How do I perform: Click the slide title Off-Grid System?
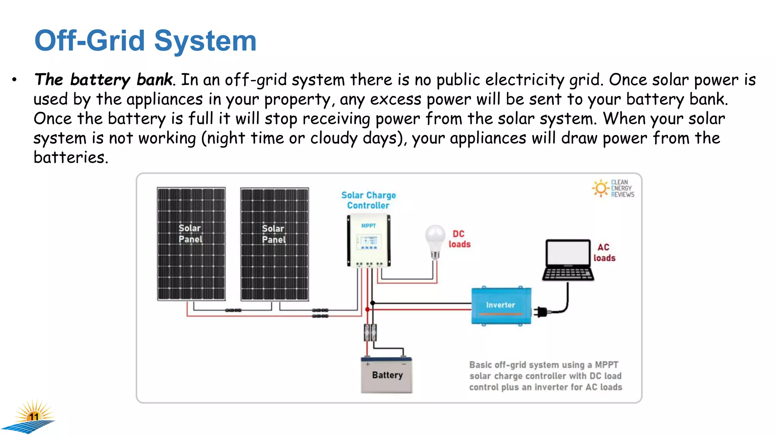tap(145, 41)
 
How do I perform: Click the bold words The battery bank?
tap(103, 80)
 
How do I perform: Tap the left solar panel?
tap(191, 244)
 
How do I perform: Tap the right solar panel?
tap(274, 244)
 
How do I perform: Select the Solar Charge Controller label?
tap(368, 200)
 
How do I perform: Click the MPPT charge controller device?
tap(368, 241)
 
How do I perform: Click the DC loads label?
tap(459, 239)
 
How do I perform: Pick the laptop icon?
tap(568, 260)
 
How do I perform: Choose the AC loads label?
tap(604, 253)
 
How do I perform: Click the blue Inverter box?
tap(501, 305)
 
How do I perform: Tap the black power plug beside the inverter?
tap(541, 312)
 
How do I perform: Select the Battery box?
tap(387, 375)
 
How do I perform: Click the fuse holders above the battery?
tap(370, 333)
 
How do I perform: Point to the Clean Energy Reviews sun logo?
tap(601, 188)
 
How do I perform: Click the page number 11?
tap(34, 417)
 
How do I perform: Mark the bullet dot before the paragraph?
tap(14, 80)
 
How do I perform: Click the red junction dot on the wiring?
tap(367, 310)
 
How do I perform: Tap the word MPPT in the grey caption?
tap(606, 365)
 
